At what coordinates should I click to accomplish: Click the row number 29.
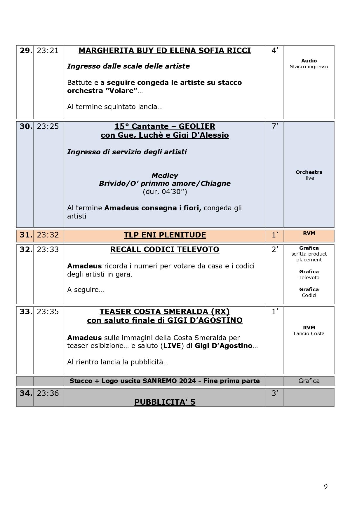pos(26,51)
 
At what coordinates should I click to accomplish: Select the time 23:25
pos(48,127)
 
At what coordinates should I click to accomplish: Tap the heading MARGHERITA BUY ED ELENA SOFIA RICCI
pos(165,51)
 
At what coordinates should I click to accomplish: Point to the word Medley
pos(165,176)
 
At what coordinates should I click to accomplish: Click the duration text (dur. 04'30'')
pos(165,192)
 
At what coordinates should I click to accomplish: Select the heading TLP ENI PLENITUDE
pos(165,235)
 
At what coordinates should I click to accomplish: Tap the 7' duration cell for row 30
pos(275,127)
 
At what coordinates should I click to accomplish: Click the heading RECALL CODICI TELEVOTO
pos(165,250)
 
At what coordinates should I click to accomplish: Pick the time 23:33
pos(48,250)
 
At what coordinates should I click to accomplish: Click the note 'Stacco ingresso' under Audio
pos(309,67)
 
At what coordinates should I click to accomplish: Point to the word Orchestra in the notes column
pos(309,172)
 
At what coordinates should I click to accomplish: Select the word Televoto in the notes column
pos(309,277)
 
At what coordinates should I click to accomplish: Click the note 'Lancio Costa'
pos(309,333)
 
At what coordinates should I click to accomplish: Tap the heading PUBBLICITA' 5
pos(165,402)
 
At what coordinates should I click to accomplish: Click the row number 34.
pos(26,394)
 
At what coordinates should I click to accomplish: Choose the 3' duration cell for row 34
pos(275,394)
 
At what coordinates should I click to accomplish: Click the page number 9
pos(326,486)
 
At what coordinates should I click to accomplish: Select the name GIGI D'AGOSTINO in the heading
pos(205,321)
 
